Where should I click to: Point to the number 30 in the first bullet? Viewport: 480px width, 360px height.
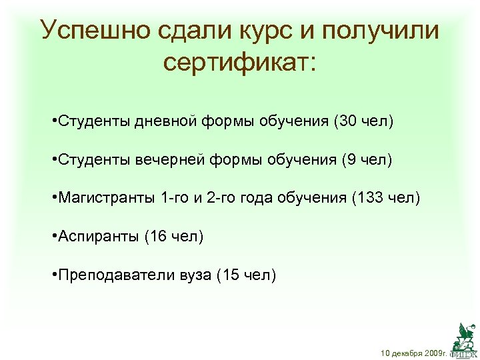(349, 121)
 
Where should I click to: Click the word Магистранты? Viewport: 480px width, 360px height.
(107, 198)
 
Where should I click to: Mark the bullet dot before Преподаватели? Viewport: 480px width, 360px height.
(54, 274)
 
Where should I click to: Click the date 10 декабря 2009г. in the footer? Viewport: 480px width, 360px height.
(413, 351)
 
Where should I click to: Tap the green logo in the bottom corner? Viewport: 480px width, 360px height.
(463, 337)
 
